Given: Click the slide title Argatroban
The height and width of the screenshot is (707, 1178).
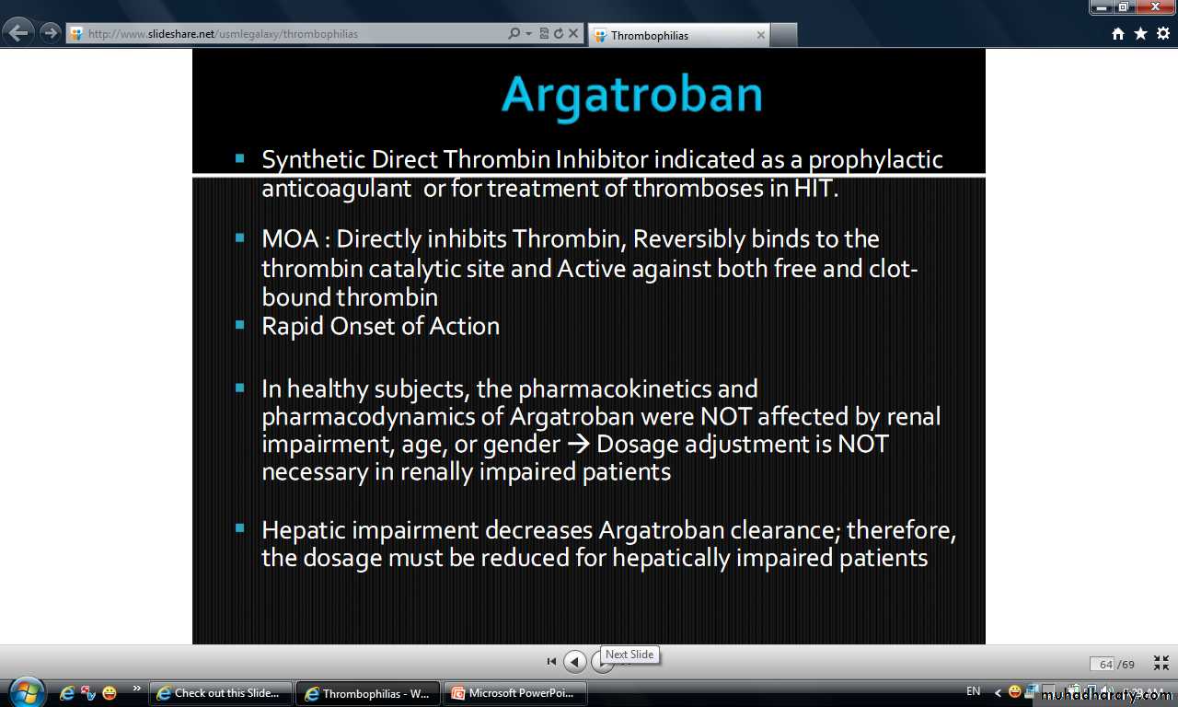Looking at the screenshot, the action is coord(631,96).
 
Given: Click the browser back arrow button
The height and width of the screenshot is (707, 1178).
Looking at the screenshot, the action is coord(18,34).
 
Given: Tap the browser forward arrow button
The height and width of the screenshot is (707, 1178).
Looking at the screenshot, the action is coord(51,34).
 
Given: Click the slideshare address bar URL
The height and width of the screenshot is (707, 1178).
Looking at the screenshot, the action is coord(223,34).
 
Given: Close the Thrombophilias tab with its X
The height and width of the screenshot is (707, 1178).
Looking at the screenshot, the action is coord(760,35).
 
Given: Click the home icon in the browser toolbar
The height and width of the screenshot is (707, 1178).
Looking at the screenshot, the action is coord(1118,34).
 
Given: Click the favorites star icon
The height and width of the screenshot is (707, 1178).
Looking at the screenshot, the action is coord(1140,34).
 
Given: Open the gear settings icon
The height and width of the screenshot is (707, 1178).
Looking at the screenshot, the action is coord(1162,34).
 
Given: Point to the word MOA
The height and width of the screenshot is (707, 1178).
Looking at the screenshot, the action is coord(290,239).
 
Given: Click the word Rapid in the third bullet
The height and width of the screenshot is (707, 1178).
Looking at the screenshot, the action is coord(293,327).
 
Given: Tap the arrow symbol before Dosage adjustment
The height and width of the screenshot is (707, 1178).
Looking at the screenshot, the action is coord(579,444).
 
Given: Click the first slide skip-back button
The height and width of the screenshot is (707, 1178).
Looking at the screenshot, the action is coord(551,661).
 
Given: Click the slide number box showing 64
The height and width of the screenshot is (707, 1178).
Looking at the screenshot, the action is coord(1103,664).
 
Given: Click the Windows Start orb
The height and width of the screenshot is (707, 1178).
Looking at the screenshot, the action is coord(27,692).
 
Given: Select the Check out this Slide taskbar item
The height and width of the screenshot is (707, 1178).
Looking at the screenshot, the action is coord(220,693).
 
